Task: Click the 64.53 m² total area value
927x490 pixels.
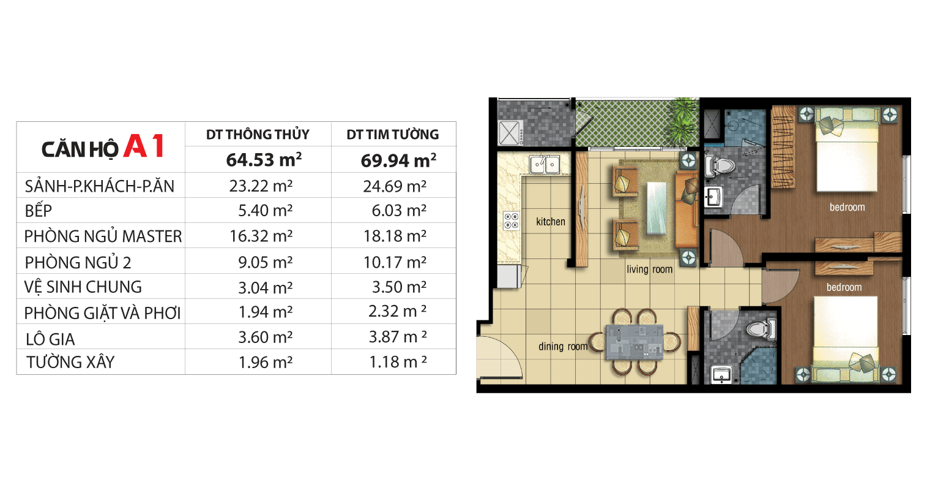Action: click(x=264, y=160)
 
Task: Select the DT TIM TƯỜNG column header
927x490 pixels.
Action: click(x=393, y=134)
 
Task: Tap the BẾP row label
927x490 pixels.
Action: click(x=39, y=210)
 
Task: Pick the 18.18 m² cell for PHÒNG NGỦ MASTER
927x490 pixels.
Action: click(x=395, y=236)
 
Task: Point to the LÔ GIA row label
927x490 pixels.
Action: click(x=50, y=339)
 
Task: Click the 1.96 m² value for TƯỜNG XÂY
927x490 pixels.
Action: click(x=266, y=363)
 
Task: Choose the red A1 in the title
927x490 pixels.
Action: click(x=144, y=146)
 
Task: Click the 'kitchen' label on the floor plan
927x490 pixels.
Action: click(x=551, y=222)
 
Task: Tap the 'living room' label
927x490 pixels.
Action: click(x=649, y=269)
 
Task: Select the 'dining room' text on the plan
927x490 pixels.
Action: click(x=563, y=346)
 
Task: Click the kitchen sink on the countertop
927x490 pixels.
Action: click(x=544, y=164)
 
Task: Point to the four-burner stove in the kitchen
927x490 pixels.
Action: click(x=512, y=221)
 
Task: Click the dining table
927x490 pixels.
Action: click(x=635, y=342)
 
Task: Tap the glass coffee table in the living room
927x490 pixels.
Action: click(x=657, y=208)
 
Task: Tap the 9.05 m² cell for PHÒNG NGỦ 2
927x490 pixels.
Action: click(x=266, y=262)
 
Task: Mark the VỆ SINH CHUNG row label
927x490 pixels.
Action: click(x=83, y=287)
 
